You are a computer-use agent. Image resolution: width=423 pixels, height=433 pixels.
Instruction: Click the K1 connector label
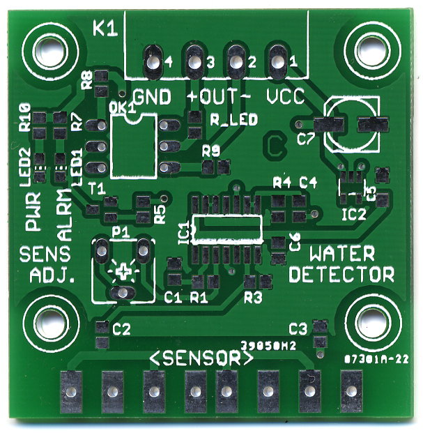(105, 29)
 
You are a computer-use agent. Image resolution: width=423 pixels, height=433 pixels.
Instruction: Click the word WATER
(342, 254)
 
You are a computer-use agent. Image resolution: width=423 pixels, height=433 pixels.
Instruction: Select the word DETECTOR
(341, 274)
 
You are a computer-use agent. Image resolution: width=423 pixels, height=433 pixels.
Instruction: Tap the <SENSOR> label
(201, 359)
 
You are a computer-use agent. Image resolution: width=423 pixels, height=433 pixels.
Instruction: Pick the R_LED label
(233, 119)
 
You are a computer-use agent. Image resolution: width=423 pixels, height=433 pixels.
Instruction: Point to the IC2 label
(353, 214)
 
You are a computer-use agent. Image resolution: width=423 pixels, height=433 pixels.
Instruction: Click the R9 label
(210, 150)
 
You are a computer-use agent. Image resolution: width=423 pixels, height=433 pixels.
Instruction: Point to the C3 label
(298, 328)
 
